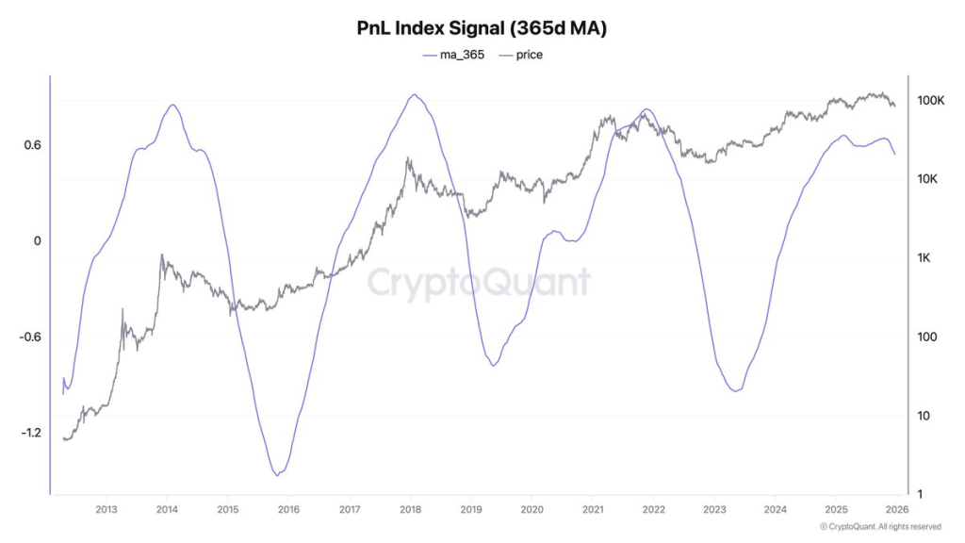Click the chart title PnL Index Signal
[x=482, y=28]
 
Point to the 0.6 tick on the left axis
[x=32, y=145]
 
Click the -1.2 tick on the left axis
[x=29, y=433]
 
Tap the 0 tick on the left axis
[x=37, y=241]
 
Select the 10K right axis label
[x=934, y=179]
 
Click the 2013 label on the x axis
[x=106, y=510]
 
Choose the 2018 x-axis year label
[x=410, y=510]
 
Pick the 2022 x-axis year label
[x=653, y=510]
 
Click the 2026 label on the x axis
[x=896, y=510]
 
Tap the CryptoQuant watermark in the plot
[x=478, y=283]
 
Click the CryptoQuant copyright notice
[x=880, y=526]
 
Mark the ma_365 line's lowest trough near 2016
[x=277, y=474]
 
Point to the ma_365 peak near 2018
[x=413, y=95]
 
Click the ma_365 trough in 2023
[x=735, y=390]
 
